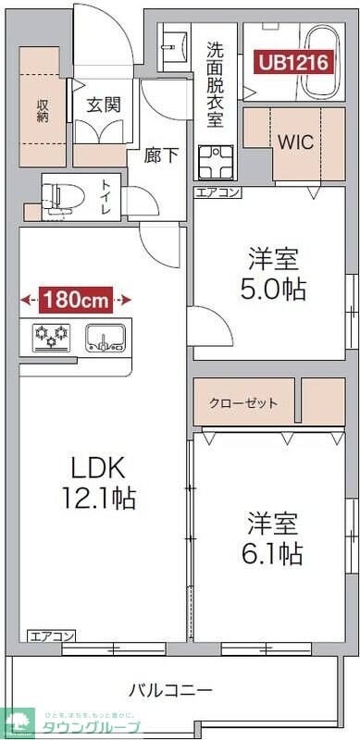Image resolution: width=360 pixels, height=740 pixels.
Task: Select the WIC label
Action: (x=295, y=143)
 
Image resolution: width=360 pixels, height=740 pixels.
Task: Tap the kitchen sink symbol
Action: (x=105, y=337)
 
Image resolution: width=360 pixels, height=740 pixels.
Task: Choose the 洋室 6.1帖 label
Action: (x=273, y=537)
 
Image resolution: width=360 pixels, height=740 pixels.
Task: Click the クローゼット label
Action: (x=244, y=403)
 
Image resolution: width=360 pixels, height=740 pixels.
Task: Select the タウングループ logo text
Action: (x=88, y=727)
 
